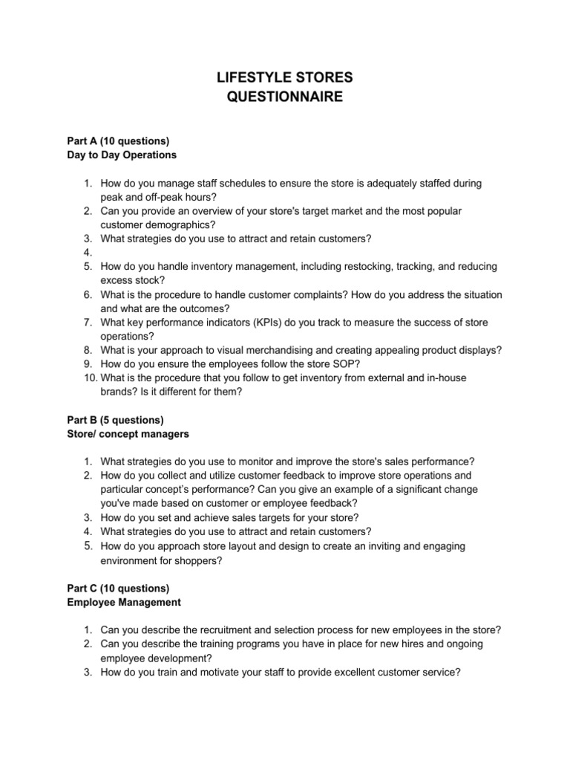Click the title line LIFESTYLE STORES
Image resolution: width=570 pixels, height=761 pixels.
(285, 77)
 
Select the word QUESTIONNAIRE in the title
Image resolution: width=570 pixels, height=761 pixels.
(285, 97)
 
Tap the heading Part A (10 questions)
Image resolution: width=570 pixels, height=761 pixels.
(114, 141)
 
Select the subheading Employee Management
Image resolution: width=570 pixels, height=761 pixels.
(119, 601)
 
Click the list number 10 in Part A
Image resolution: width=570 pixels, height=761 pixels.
(86, 378)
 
